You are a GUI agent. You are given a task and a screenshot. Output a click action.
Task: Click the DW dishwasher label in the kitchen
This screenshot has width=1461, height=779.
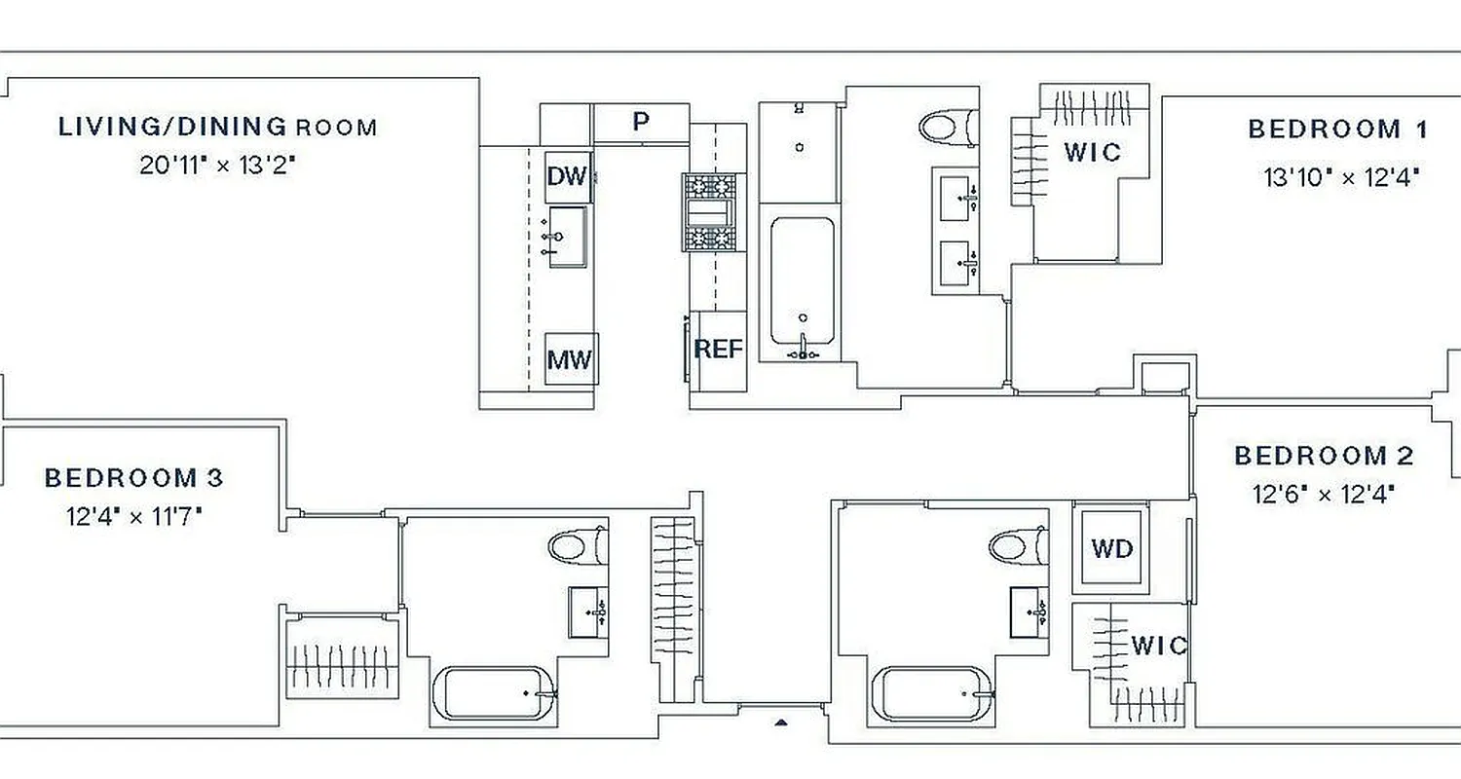click(567, 176)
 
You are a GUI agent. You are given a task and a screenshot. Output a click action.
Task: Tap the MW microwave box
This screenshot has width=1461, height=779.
click(570, 359)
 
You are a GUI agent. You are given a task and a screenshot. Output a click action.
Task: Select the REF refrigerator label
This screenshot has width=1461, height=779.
click(718, 349)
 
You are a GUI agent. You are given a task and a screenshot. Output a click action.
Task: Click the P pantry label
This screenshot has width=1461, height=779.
click(641, 122)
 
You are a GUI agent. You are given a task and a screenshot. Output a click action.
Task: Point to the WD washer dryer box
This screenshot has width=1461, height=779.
click(1112, 548)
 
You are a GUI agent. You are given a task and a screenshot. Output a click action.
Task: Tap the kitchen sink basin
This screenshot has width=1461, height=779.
click(568, 237)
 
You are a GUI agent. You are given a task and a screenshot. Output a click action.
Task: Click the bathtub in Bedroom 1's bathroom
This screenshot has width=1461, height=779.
click(803, 282)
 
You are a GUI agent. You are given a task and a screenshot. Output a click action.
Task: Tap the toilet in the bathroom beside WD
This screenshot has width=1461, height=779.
click(1018, 544)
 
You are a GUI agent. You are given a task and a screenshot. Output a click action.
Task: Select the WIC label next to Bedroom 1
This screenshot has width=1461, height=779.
click(1092, 152)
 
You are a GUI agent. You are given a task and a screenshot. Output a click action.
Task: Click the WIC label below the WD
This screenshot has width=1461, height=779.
click(1158, 646)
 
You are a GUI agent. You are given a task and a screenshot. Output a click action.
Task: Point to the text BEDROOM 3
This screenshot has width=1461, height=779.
click(133, 478)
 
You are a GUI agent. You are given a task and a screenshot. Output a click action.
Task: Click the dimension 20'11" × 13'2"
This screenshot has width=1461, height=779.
click(217, 165)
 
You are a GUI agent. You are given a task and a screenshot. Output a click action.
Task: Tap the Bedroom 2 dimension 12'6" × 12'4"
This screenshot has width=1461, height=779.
click(1324, 495)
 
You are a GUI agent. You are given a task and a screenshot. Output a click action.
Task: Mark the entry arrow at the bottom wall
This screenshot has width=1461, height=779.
click(780, 723)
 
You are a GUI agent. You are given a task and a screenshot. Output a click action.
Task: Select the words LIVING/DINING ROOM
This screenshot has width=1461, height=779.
click(218, 127)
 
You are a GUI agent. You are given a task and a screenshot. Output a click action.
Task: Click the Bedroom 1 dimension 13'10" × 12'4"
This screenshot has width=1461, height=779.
click(1341, 177)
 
